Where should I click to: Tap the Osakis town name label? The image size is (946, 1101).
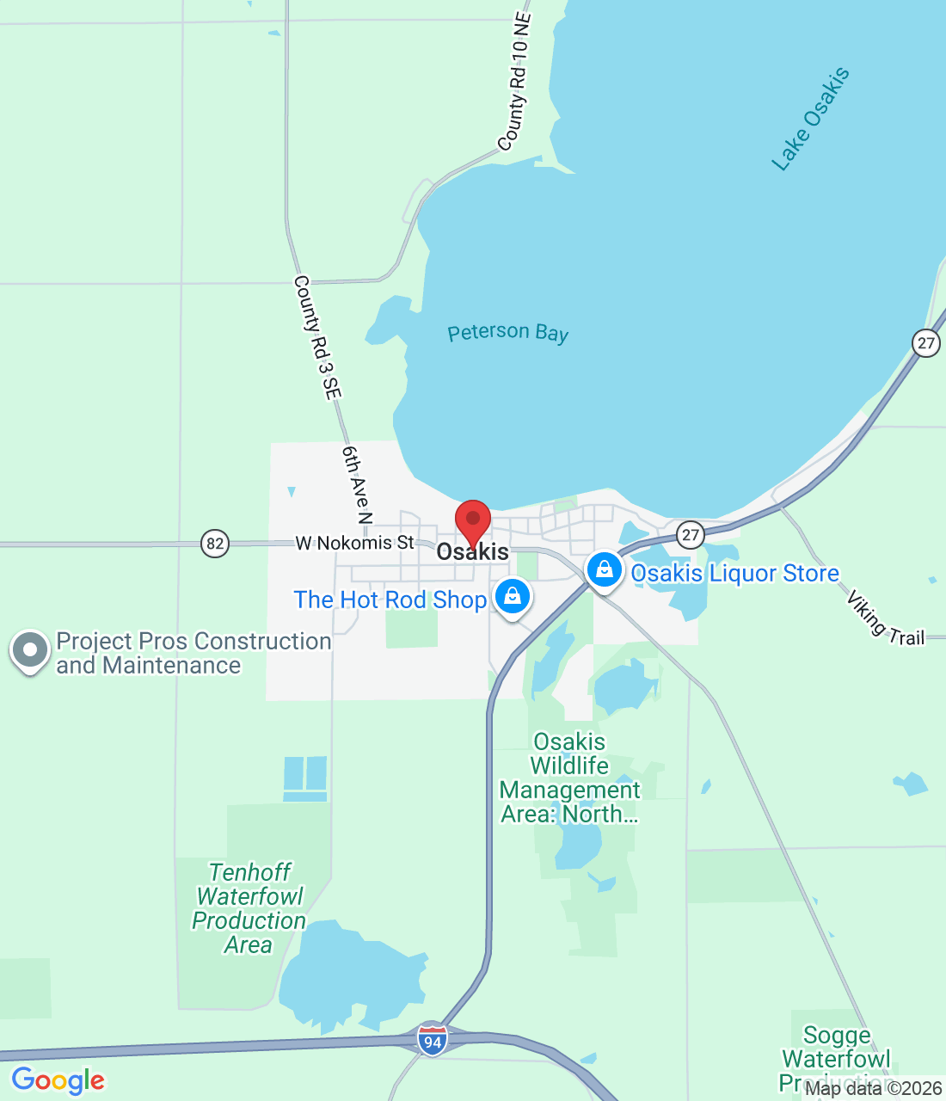(473, 552)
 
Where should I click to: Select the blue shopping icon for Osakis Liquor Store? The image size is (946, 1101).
(605, 570)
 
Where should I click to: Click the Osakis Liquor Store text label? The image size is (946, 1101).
(735, 574)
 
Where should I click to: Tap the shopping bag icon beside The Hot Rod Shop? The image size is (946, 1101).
(513, 595)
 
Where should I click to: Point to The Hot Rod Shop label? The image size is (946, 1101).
(390, 600)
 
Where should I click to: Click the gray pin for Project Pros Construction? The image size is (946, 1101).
(30, 651)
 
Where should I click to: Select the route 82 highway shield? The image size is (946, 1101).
(215, 544)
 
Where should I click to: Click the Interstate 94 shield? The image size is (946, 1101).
(433, 1040)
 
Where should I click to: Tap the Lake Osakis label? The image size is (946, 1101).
(810, 119)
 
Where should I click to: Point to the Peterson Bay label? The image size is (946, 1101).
(507, 333)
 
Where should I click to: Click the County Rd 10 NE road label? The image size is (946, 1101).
(516, 83)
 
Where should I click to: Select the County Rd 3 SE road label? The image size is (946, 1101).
(317, 337)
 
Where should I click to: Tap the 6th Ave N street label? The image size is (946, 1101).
(357, 484)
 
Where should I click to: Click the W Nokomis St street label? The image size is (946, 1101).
(354, 543)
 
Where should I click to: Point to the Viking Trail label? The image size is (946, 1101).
(885, 618)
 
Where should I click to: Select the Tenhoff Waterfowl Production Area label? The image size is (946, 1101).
(249, 908)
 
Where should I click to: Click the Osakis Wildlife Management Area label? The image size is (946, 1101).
(569, 778)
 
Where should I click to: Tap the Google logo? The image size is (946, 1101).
(58, 1080)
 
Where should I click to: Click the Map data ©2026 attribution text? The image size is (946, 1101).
(873, 1088)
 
